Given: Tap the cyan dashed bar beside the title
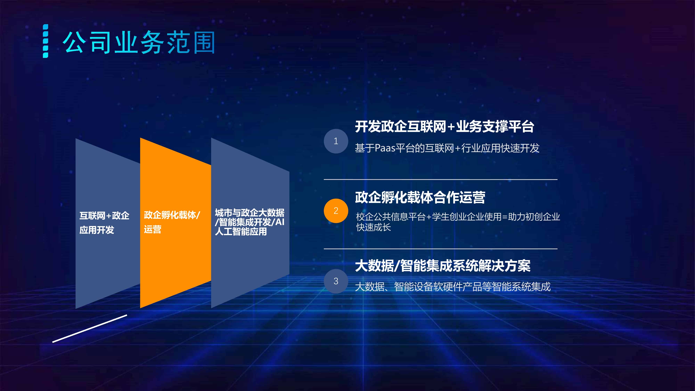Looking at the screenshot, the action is (46, 41).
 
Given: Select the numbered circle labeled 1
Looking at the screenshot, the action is (336, 141).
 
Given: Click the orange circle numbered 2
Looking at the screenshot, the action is (336, 211).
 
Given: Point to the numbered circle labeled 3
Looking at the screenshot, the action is (336, 281).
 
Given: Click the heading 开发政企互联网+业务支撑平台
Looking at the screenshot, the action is (444, 127).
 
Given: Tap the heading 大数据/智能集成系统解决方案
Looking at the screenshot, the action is (443, 266).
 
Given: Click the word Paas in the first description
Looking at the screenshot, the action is (385, 148).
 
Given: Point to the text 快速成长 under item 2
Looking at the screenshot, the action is (373, 227).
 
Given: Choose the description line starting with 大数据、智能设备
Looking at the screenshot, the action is (453, 287).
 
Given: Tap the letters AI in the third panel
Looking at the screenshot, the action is (280, 222).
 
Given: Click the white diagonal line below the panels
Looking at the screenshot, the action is (90, 329).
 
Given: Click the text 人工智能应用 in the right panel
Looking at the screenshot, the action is (241, 231).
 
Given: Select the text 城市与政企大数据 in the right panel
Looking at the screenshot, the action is (250, 213).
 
